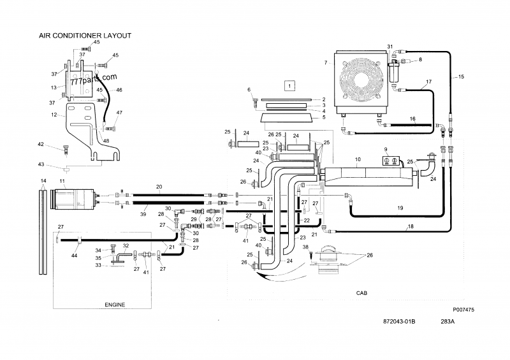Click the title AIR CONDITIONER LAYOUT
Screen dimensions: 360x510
85,36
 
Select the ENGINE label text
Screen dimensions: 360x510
115,305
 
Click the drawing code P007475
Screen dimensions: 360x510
465,309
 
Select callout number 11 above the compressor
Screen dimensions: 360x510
62,182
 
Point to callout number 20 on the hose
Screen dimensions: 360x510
159,187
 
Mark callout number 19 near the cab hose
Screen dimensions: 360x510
400,208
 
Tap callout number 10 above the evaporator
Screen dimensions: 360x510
358,159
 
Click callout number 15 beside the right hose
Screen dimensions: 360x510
462,76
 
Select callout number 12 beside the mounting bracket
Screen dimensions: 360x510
54,115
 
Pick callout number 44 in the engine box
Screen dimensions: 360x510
75,255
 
